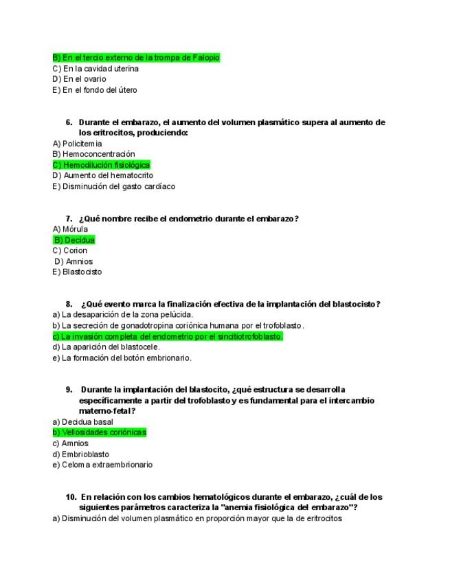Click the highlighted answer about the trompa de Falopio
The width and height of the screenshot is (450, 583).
pyautogui.click(x=136, y=58)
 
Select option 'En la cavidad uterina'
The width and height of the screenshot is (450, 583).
pyautogui.click(x=95, y=69)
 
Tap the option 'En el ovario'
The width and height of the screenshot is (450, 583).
pyautogui.click(x=80, y=79)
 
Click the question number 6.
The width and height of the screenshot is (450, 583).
pyautogui.click(x=69, y=122)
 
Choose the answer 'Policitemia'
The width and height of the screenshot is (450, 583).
pyautogui.click(x=77, y=144)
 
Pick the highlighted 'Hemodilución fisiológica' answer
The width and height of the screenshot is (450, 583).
pyautogui.click(x=101, y=165)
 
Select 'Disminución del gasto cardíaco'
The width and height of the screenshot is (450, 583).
pyautogui.click(x=114, y=186)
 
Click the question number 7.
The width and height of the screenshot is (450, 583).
pyautogui.click(x=69, y=219)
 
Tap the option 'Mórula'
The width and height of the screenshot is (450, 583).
pyautogui.click(x=70, y=229)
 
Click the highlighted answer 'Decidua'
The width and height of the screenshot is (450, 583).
pyautogui.click(x=74, y=240)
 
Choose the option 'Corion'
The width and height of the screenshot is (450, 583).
pyautogui.click(x=70, y=250)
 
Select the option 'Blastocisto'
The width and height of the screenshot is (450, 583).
pyautogui.click(x=77, y=272)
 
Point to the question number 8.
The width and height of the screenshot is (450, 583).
pyautogui.click(x=69, y=304)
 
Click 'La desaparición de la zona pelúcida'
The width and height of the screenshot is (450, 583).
pyautogui.click(x=123, y=314)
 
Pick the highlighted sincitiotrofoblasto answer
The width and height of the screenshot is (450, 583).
pyautogui.click(x=168, y=336)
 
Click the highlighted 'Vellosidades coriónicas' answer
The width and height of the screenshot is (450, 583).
pyautogui.click(x=100, y=432)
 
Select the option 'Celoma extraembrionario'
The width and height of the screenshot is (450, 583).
pyautogui.click(x=102, y=465)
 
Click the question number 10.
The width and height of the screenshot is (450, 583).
pyautogui.click(x=71, y=497)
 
